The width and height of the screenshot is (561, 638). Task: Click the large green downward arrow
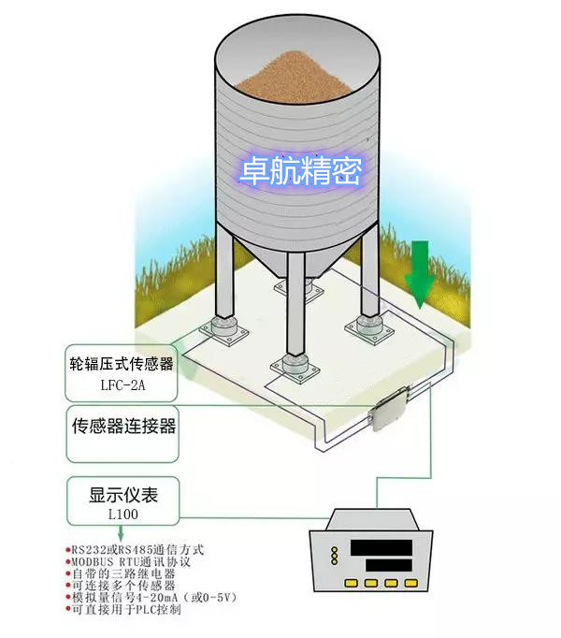pyautogui.click(x=419, y=274)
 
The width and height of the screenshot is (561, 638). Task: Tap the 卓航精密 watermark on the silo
pyautogui.click(x=300, y=171)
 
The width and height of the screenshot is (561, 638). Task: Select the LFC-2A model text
pyautogui.click(x=122, y=385)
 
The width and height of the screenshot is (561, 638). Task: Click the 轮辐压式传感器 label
pyautogui.click(x=122, y=364)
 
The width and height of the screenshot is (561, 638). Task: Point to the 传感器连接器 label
pyautogui.click(x=123, y=426)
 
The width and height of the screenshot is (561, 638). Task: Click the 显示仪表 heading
pyautogui.click(x=123, y=495)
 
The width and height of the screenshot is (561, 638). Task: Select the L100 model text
pyautogui.click(x=122, y=515)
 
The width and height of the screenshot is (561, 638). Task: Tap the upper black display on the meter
pyautogui.click(x=381, y=547)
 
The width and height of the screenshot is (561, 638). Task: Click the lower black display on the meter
pyautogui.click(x=389, y=566)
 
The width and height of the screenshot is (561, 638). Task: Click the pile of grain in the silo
pyautogui.click(x=295, y=77)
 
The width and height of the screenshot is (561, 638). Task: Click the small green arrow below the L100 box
pyautogui.click(x=121, y=532)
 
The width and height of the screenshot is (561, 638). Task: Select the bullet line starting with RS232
pyautogui.click(x=135, y=550)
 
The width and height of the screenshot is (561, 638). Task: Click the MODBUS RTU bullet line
pyautogui.click(x=128, y=562)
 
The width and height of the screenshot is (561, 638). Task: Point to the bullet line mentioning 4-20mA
pyautogui.click(x=151, y=598)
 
